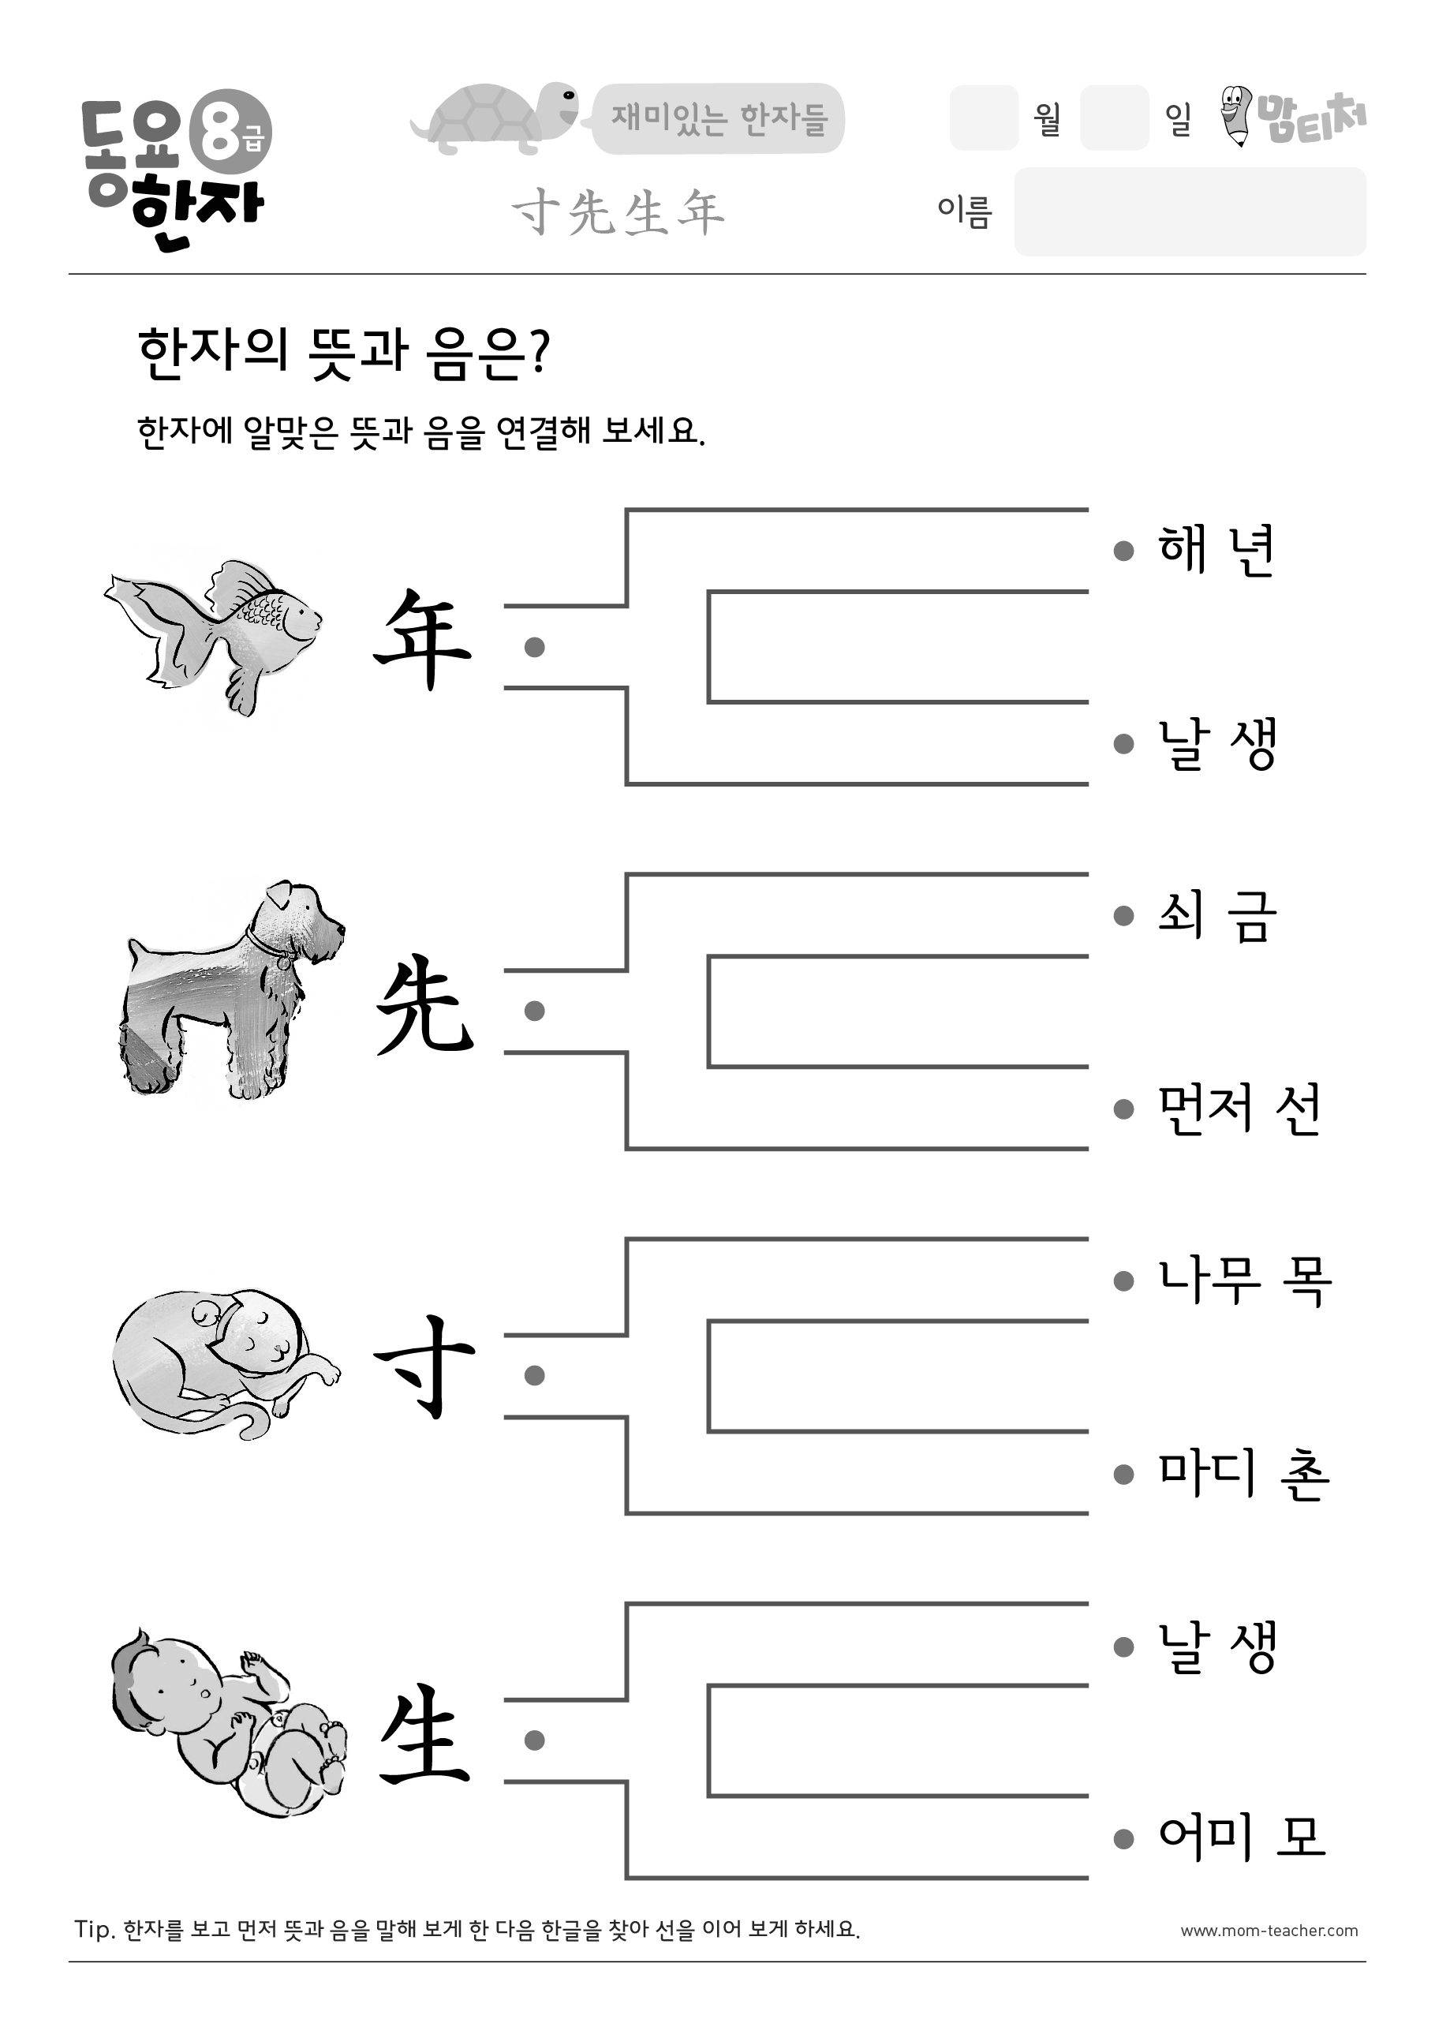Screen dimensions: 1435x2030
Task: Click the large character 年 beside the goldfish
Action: point(423,638)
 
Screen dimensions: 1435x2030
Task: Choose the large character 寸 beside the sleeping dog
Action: point(424,1367)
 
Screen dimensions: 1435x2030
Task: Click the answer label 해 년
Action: point(1216,550)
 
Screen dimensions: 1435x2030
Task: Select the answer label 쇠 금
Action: point(1217,916)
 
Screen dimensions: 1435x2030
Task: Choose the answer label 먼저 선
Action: point(1239,1108)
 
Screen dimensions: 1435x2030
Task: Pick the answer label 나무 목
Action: point(1245,1280)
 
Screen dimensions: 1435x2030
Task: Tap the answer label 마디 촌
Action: point(1244,1474)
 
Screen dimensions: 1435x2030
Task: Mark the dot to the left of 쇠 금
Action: point(1123,916)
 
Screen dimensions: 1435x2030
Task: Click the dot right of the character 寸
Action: point(534,1375)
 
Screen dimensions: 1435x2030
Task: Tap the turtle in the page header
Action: point(495,118)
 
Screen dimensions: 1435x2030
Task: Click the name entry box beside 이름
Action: point(1190,211)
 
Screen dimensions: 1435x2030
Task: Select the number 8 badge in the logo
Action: point(232,133)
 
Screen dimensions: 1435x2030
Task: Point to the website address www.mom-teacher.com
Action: point(1269,1931)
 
